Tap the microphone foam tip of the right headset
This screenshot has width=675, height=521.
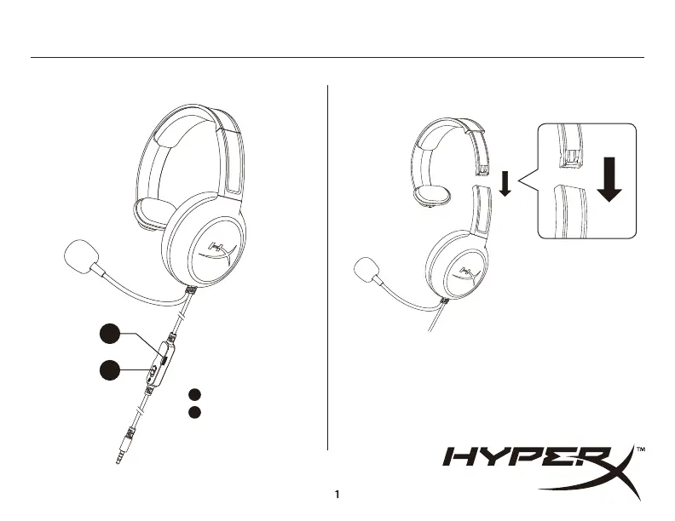point(367,271)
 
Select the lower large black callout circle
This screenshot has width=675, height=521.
point(108,371)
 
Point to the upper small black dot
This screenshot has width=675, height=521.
point(194,394)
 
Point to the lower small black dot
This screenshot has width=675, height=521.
point(194,412)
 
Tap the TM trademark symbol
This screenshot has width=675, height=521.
point(640,449)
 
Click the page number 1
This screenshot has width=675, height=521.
point(337,494)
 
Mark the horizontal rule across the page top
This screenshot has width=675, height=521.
point(337,58)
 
